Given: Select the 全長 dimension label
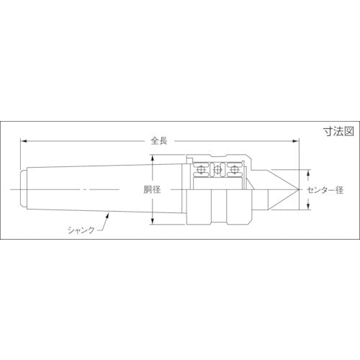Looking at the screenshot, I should [x=160, y=141].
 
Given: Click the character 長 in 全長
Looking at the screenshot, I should [x=164, y=141].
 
